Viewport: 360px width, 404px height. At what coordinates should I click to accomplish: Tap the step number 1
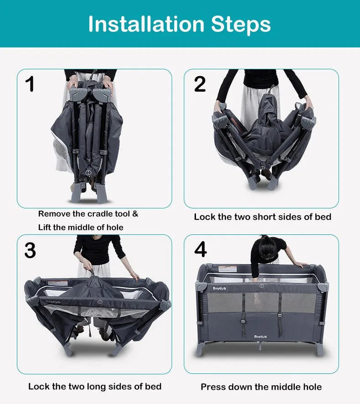30,85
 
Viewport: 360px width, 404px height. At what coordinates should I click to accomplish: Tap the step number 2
200,84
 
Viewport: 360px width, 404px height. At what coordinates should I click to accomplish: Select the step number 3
30,251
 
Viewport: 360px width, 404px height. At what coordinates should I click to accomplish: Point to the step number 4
201,250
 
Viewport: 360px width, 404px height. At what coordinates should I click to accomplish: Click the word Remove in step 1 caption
54,214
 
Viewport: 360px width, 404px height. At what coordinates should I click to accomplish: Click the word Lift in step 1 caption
45,227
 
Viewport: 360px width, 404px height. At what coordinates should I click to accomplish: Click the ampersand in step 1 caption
135,214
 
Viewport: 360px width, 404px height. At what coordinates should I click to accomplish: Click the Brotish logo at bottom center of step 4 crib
261,337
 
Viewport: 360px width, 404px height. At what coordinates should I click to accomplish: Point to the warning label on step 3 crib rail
58,283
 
